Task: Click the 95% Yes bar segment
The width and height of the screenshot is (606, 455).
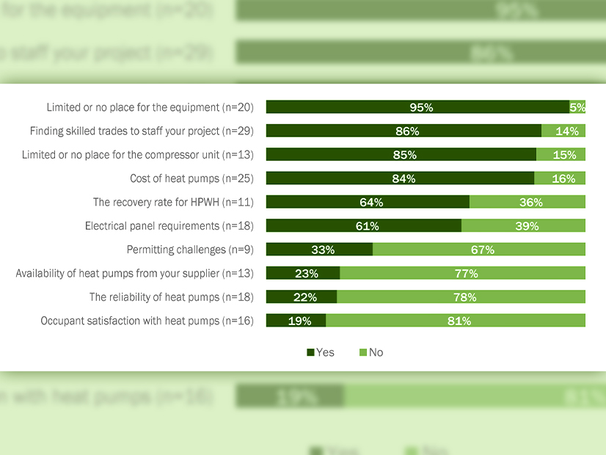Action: click(417, 107)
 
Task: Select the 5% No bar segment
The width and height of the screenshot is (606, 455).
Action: click(577, 107)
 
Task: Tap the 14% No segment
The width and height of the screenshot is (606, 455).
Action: click(563, 131)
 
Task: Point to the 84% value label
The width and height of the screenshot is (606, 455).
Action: click(404, 178)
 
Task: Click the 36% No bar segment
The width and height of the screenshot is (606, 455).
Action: click(527, 202)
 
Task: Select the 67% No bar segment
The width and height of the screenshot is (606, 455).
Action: click(479, 250)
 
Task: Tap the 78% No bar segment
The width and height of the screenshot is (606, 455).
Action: click(461, 296)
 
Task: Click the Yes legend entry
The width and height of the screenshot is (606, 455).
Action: click(321, 352)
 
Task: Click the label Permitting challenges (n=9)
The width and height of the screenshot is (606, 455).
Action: click(190, 250)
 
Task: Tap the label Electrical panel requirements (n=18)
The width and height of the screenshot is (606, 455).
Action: click(169, 226)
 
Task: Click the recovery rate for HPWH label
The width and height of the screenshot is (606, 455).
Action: click(173, 202)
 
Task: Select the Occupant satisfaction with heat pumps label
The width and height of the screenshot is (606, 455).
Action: click(147, 321)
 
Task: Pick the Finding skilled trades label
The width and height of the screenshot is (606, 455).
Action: click(142, 131)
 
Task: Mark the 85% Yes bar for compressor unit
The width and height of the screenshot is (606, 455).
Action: click(401, 155)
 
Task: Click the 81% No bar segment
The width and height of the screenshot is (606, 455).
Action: click(456, 321)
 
